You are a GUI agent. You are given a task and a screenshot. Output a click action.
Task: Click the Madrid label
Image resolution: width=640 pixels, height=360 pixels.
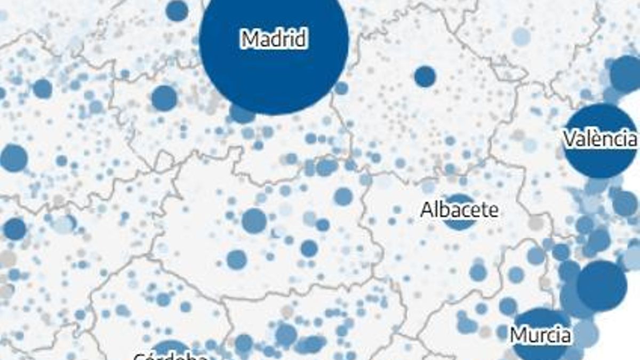274,39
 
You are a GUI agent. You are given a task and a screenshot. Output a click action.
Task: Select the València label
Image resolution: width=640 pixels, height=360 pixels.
600,139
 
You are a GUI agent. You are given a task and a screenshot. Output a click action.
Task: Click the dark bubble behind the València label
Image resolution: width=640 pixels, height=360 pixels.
600,160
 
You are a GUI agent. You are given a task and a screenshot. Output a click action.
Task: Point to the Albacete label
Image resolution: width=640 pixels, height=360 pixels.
459,210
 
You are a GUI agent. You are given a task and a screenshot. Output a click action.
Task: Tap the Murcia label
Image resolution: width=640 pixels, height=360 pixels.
540,335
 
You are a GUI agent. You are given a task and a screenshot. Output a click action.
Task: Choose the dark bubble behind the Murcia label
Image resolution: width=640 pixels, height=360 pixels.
540,320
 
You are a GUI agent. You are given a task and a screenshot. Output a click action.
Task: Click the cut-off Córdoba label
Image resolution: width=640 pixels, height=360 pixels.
170,356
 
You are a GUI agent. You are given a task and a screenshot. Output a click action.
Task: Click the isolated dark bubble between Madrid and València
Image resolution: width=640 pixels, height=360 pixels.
425,76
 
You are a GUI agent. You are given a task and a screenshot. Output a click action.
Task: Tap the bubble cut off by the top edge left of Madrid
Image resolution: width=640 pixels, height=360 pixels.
177,10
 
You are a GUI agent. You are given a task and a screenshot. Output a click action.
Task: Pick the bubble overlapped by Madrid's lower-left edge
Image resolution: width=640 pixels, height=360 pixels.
241,114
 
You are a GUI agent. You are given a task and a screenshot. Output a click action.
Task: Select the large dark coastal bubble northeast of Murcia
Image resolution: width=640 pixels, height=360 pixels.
602,285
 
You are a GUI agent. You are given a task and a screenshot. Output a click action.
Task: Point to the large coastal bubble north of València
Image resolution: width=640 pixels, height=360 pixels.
626,74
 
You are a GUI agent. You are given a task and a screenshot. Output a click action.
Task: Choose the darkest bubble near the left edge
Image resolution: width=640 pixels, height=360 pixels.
15,229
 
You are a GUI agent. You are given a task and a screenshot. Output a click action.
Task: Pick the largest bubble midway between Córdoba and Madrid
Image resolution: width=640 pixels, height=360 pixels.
254,220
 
